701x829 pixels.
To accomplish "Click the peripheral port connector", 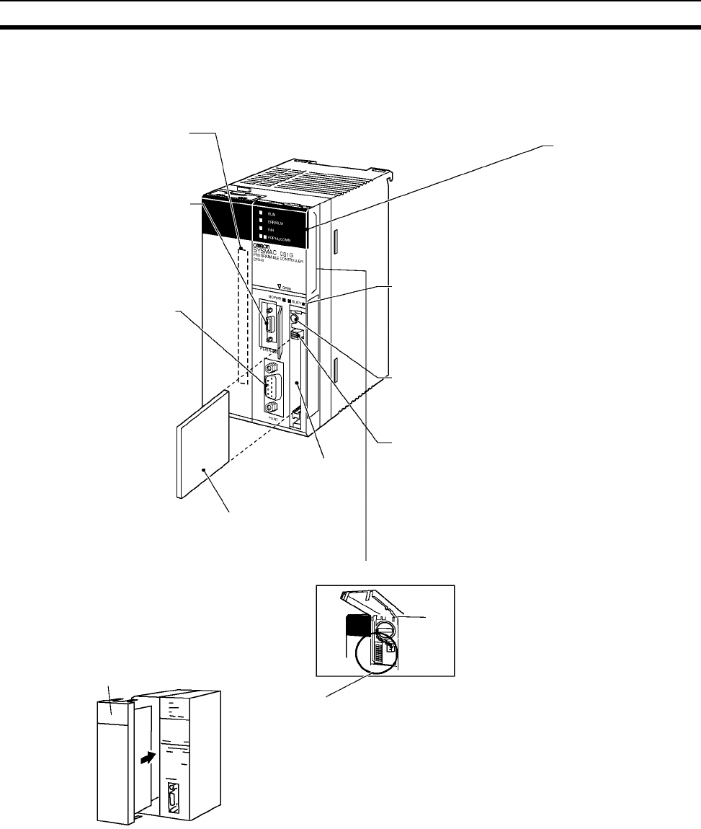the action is pyautogui.click(x=269, y=327).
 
